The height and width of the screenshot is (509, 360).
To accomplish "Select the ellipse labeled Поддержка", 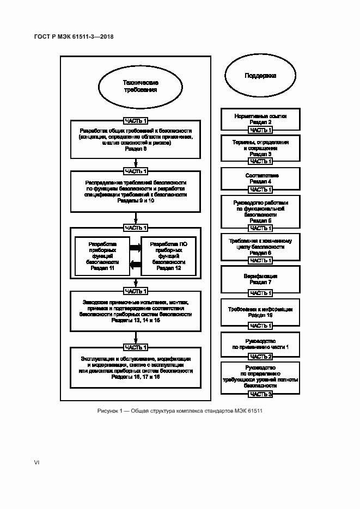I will pyautogui.click(x=260, y=76).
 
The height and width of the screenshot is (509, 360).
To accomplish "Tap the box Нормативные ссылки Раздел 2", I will pyautogui.click(x=260, y=119).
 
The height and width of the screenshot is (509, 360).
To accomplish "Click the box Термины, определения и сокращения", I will pyautogui.click(x=260, y=148).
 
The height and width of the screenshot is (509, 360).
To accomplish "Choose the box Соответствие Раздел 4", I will pyautogui.click(x=260, y=178).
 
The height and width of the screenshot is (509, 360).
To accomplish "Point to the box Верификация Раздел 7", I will pyautogui.click(x=260, y=279).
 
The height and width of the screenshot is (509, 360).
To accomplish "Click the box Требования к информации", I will pyautogui.click(x=260, y=312).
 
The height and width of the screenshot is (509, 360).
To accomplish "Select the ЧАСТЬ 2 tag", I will pyautogui.click(x=260, y=356).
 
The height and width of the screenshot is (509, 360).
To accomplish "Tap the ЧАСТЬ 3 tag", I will pyautogui.click(x=260, y=394).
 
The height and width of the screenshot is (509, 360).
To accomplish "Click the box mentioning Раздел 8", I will pyautogui.click(x=136, y=140).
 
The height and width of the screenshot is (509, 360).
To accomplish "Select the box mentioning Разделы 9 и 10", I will pyautogui.click(x=136, y=192).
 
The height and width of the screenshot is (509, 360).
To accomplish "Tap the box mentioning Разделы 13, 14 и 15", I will pyautogui.click(x=136, y=312).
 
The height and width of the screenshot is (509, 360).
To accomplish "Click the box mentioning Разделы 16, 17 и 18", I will pyautogui.click(x=136, y=367).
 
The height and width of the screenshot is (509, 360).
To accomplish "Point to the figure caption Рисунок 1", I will pyautogui.click(x=180, y=410).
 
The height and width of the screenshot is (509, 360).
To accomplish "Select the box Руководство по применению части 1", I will pyautogui.click(x=260, y=343).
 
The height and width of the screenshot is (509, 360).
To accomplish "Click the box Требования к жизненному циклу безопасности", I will pyautogui.click(x=260, y=247).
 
